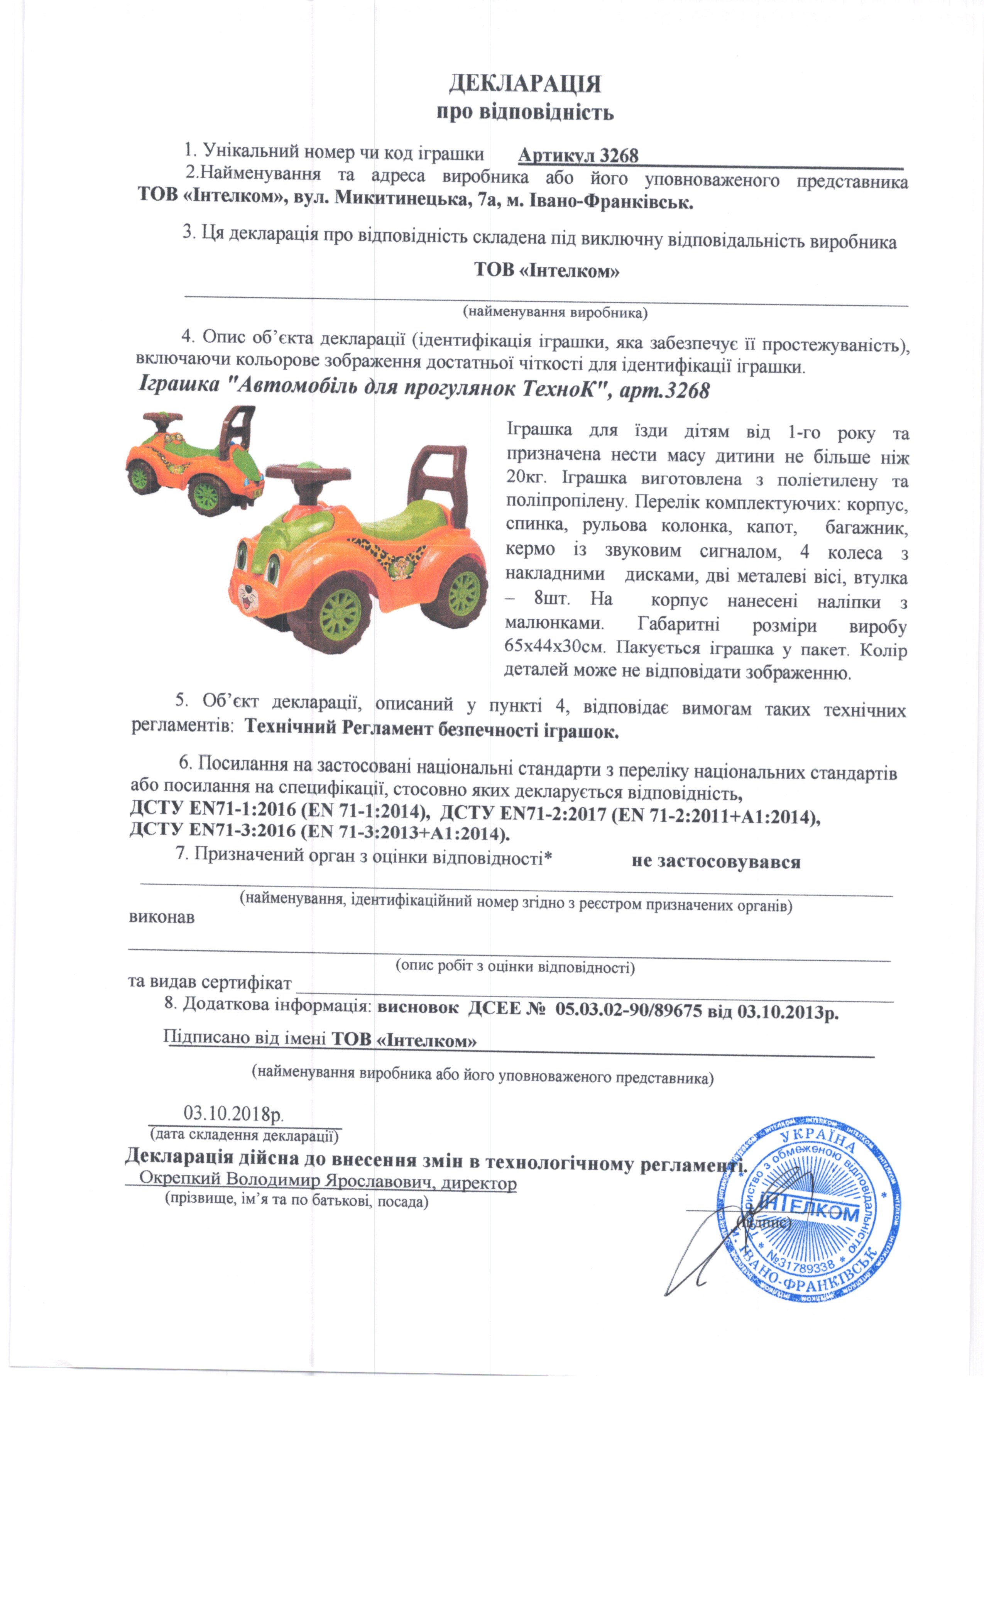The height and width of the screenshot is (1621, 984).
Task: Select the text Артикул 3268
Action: point(578,155)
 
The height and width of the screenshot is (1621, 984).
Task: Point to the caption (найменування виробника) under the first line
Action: point(555,312)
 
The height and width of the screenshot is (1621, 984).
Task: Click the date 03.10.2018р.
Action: point(233,1113)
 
